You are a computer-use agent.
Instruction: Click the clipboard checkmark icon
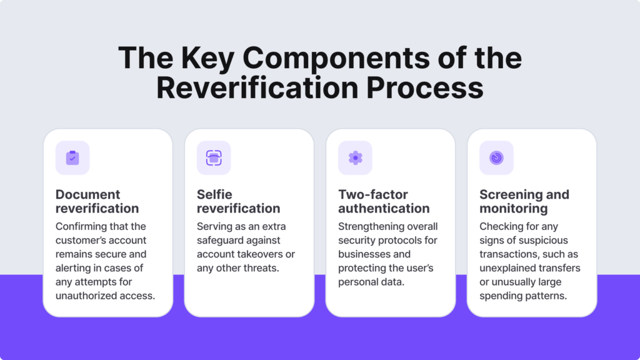point(72,157)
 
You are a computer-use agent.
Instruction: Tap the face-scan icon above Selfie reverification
point(214,158)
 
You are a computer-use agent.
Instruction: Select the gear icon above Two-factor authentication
point(355,157)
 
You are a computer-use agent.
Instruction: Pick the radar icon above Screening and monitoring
point(496,157)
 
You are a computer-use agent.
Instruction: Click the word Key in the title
point(207,58)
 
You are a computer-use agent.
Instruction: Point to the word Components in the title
point(336,58)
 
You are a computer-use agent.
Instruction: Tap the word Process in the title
point(425,87)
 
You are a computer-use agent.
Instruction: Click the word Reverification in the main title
point(257,87)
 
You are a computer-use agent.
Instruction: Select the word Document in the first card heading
point(87,194)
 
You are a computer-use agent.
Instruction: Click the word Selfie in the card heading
point(214,194)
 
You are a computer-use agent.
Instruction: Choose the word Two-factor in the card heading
point(373,194)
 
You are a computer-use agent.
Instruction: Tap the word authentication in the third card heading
point(384,208)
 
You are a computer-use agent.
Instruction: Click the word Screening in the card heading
point(511,194)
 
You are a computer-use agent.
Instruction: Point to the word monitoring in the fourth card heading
point(514,209)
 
